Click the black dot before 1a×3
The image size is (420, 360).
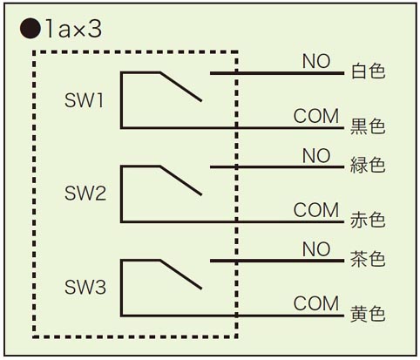pos(30,29)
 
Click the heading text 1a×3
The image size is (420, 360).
pos(73,29)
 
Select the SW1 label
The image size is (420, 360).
pos(84,100)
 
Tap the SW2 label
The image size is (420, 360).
pos(85,193)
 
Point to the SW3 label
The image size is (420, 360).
pos(85,287)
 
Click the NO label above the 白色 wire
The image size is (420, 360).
pos(316,61)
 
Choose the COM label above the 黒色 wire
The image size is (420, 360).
pos(316,116)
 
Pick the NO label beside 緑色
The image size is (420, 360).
pos(316,155)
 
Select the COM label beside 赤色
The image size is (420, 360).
pos(316,210)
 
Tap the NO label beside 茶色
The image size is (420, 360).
pos(316,249)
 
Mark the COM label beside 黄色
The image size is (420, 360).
pos(316,303)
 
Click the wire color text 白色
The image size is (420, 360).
pos(368,71)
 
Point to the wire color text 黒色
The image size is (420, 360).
pos(368,126)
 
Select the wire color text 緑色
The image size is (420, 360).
pos(368,165)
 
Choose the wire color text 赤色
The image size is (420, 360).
pos(368,220)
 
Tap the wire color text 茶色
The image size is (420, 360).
pos(368,259)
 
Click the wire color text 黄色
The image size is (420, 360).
pos(368,313)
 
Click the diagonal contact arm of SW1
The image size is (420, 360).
pos(180,86)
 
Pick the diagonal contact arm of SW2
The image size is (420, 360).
pos(180,180)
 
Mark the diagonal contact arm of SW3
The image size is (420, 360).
pos(180,275)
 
